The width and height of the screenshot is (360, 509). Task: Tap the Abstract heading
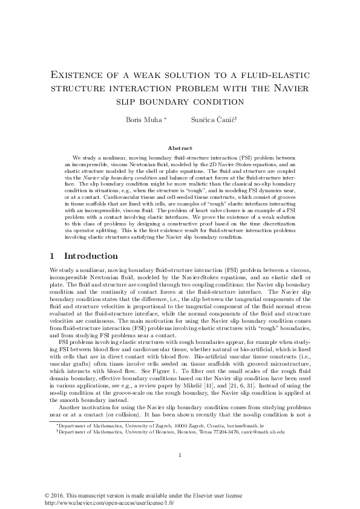coord(180,148)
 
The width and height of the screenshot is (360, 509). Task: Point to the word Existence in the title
coord(79,76)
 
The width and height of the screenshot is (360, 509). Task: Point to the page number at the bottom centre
coord(180,473)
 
